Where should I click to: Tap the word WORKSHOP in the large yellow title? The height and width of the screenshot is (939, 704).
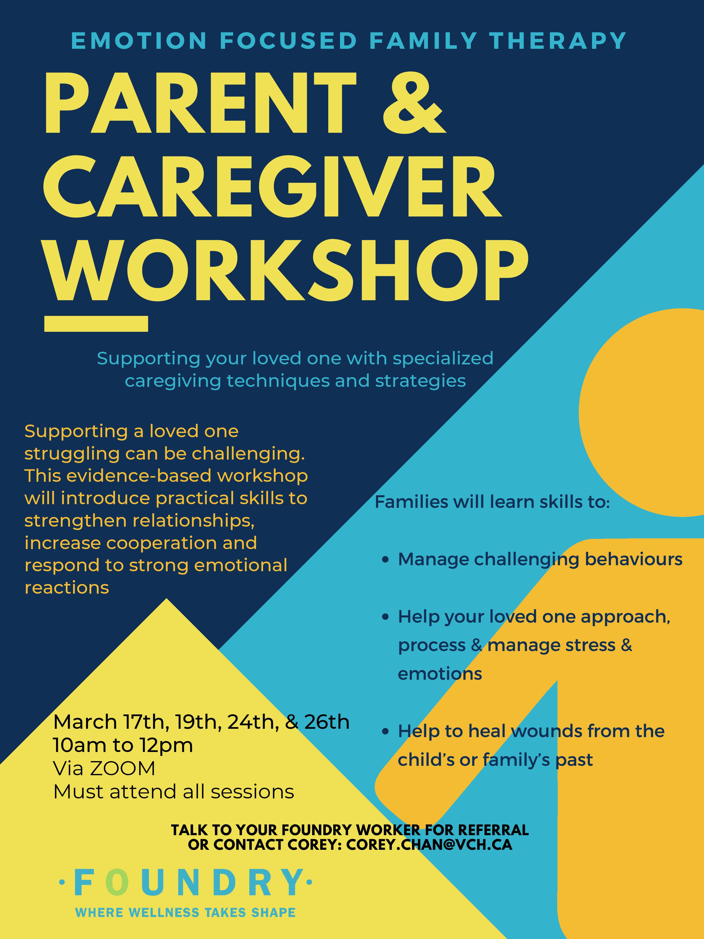coord(287,270)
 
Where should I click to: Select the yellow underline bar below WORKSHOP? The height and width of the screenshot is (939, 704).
coord(96,324)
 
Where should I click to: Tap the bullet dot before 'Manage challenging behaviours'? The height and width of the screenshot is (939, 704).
coord(385,560)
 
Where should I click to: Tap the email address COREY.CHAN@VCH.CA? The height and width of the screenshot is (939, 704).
coord(429,845)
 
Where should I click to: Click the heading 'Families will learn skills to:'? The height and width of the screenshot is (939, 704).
coord(492,502)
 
